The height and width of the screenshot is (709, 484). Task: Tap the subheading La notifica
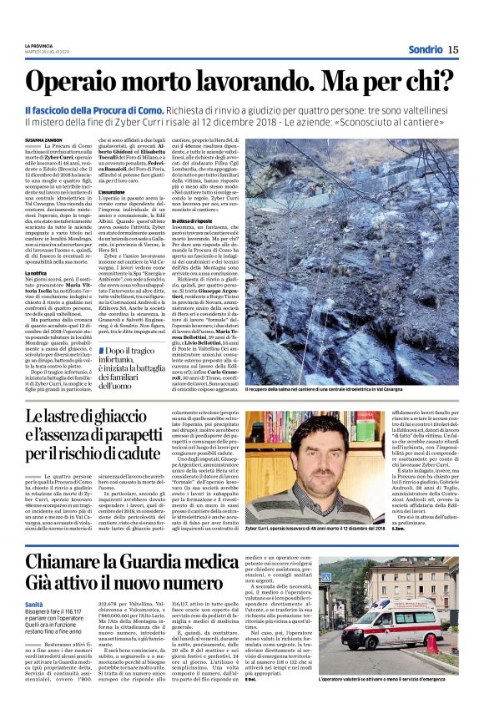point(36,271)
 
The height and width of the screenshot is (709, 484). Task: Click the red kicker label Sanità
point(34,580)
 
